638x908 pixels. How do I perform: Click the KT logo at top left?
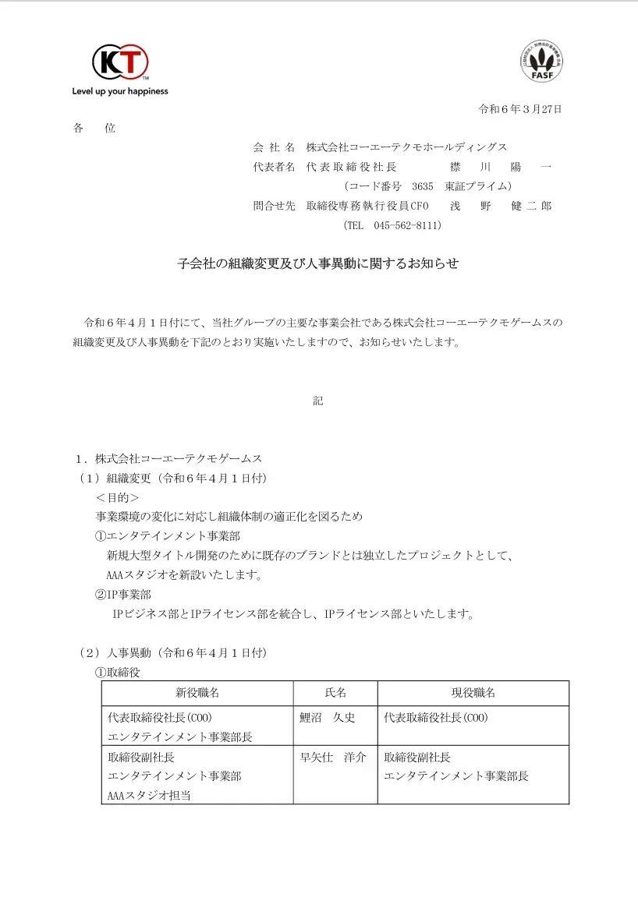120,62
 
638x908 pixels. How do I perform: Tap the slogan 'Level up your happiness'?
120,91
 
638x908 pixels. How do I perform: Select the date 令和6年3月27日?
519,109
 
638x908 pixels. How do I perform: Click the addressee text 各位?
94,128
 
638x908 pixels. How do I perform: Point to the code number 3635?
421,186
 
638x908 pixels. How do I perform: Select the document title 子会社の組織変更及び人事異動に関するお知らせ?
318,263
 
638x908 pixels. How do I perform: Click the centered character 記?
318,401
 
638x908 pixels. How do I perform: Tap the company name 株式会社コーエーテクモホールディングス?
406,147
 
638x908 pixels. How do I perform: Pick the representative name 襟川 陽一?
500,167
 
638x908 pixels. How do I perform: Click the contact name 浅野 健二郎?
500,206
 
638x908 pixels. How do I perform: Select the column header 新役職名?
197,692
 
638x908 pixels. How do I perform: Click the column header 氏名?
335,692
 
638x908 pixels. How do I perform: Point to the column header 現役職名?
473,692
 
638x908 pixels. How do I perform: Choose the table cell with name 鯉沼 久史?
327,718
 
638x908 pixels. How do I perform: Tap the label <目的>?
118,497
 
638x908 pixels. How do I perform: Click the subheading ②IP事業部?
123,595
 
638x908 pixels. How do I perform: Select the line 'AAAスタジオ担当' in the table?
149,795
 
